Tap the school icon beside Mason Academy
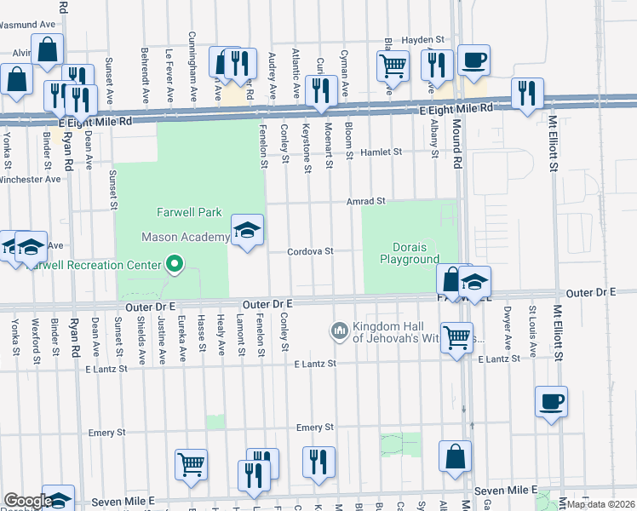click(x=247, y=231)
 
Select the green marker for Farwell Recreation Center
click(x=175, y=265)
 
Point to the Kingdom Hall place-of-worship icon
click(x=339, y=330)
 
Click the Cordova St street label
click(x=309, y=251)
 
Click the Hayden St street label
click(x=424, y=39)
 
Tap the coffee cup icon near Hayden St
click(x=473, y=61)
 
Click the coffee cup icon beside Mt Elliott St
click(x=551, y=401)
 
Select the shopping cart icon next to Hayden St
click(x=392, y=64)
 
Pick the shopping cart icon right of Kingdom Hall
click(x=456, y=337)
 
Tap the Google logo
click(x=27, y=501)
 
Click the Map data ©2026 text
click(x=601, y=504)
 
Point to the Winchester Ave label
click(x=30, y=180)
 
